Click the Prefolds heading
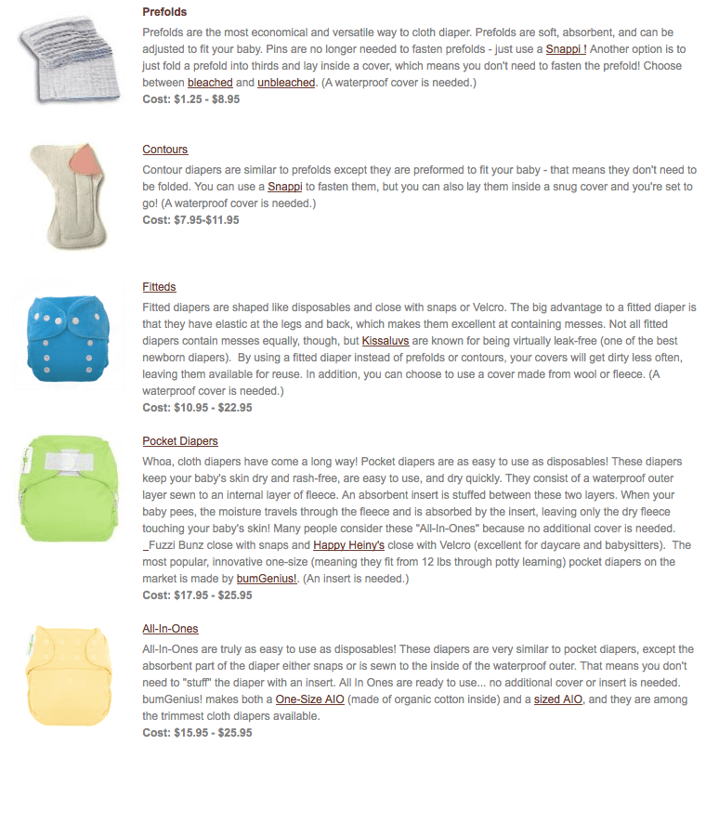pos(164,12)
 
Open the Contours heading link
pos(165,150)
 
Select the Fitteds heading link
pos(159,287)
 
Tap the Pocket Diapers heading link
pos(180,441)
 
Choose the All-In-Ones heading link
pos(170,629)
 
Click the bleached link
pos(210,83)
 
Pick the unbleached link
pos(286,83)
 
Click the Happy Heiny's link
pos(348,545)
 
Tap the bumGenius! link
pos(266,579)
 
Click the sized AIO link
pos(558,699)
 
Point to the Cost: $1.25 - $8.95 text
pos(191,98)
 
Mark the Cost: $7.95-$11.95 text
pos(190,220)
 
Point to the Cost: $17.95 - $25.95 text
pos(197,595)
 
